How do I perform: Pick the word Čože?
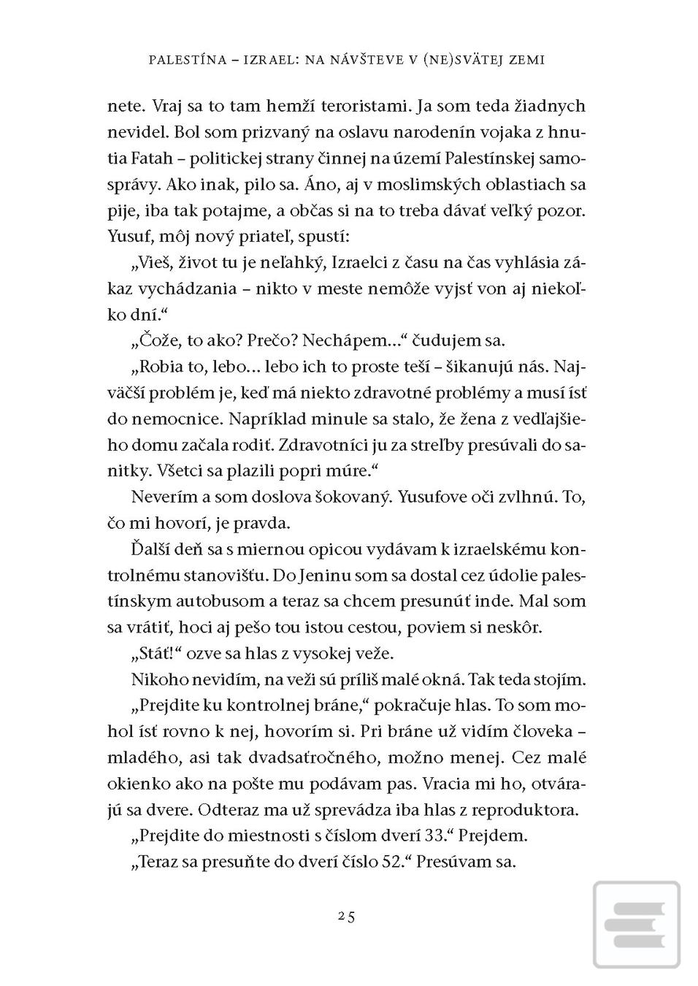(x=158, y=340)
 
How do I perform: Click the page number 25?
(x=347, y=917)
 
